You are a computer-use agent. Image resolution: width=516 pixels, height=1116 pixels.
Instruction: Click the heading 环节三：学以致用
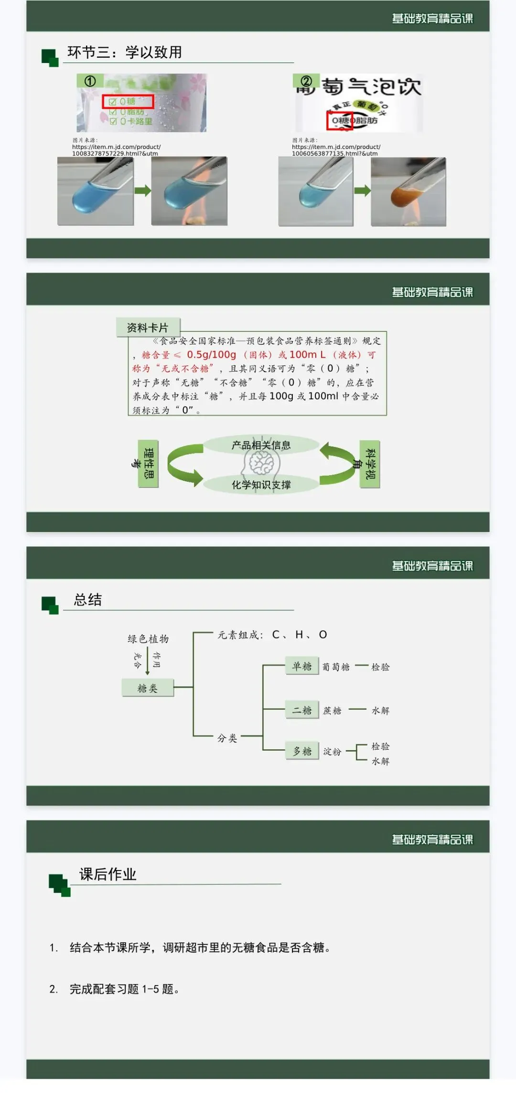coord(125,52)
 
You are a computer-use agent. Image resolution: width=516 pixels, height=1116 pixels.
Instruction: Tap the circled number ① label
coord(90,81)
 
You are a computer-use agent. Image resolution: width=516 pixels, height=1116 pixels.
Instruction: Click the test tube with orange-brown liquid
coord(408,191)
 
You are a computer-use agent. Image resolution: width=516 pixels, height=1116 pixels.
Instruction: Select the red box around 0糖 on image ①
coord(128,101)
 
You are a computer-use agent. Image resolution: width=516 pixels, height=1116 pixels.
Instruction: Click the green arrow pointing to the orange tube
coord(362,191)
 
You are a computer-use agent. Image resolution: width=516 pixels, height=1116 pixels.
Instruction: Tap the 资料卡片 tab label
coord(148,328)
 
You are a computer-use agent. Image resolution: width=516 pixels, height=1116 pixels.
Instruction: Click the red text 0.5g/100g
coord(211,355)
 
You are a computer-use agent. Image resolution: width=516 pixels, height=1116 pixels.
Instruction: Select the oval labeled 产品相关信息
coord(261,445)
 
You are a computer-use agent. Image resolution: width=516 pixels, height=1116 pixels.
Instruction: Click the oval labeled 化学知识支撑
coord(261,485)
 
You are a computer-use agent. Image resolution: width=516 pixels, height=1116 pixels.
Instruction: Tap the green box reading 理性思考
coord(148,464)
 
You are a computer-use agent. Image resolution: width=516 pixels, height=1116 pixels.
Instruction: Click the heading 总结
coord(88,600)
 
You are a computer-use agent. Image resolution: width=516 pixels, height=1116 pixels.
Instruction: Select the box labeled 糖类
coord(148,688)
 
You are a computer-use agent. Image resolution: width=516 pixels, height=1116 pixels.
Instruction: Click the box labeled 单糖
coord(302,666)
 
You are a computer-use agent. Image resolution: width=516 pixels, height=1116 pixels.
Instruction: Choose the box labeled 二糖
coord(302,710)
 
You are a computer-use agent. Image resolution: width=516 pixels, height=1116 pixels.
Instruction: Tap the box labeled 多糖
coord(302,751)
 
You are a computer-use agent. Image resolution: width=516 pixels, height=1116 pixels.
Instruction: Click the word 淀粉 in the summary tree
coord(332,752)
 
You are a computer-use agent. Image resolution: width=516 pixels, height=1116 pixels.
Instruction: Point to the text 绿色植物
coord(148,639)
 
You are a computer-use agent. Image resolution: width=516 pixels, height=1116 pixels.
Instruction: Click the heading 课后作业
coord(108,874)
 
